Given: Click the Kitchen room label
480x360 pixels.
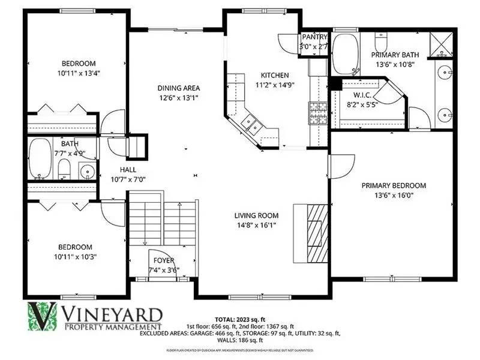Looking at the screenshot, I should [270, 75].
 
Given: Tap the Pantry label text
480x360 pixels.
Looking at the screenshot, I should [314, 37].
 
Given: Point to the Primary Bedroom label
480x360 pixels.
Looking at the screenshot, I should [394, 185].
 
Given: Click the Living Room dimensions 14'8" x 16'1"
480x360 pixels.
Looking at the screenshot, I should [256, 226].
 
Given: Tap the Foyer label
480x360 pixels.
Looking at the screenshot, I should [164, 261].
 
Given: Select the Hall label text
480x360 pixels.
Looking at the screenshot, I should [128, 169].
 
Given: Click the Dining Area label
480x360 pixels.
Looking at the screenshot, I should [179, 88].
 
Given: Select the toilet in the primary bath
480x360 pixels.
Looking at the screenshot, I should [380, 42].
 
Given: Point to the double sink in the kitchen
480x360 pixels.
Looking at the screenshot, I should [251, 125].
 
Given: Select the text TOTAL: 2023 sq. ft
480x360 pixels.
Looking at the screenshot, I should [240, 319].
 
